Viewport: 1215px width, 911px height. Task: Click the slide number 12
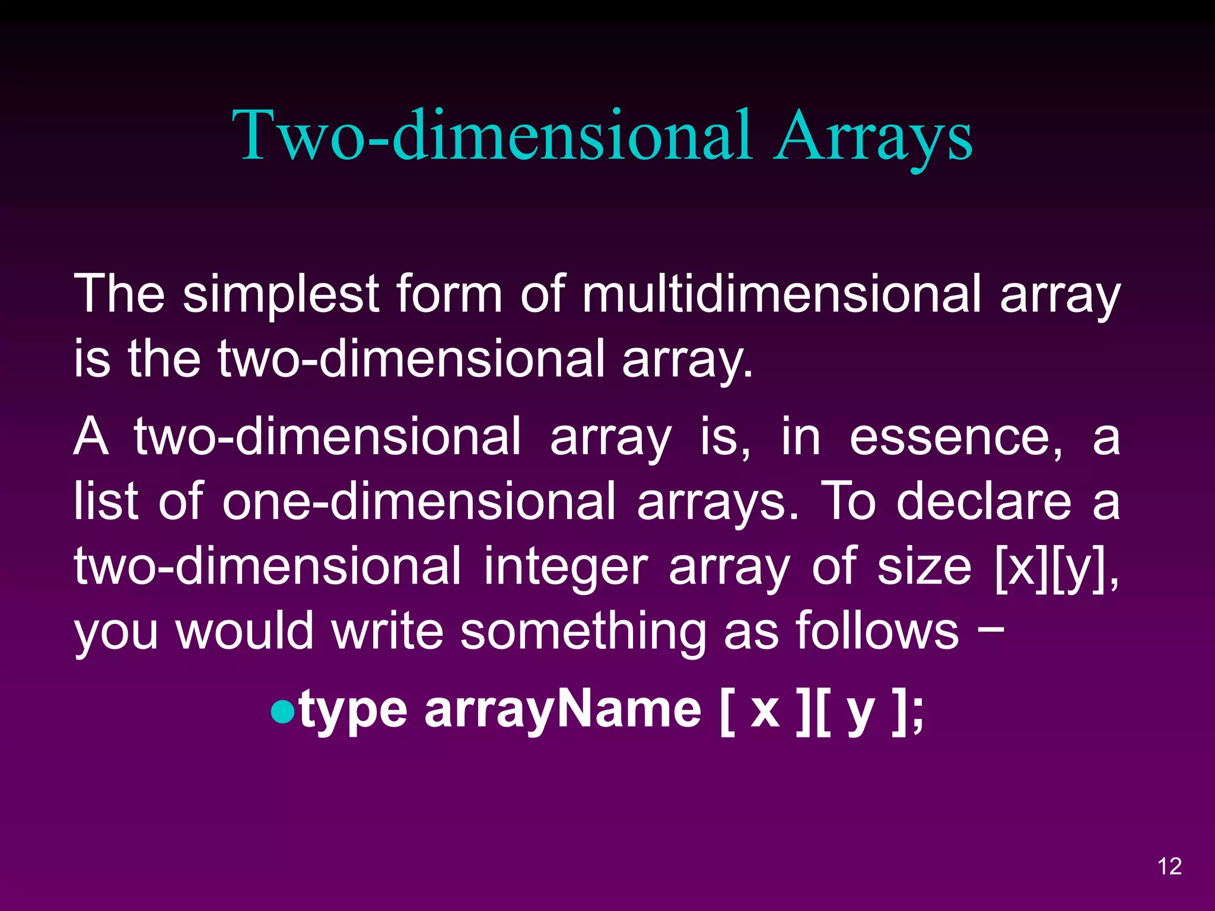coord(1169,867)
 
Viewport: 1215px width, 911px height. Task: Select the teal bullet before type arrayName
coord(282,712)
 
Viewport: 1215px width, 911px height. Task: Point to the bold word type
coord(354,712)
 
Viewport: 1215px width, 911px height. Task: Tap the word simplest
coord(280,295)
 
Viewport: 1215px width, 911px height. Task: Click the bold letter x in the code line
coord(765,712)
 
